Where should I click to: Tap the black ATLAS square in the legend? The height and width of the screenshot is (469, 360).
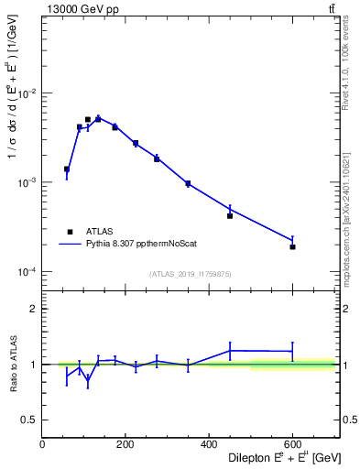69,232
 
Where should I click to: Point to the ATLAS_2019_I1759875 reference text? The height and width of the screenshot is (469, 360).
191,273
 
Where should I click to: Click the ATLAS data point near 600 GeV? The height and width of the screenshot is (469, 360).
292,246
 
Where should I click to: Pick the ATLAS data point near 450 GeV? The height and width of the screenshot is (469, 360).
230,215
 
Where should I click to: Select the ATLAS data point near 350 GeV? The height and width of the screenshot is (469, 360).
188,183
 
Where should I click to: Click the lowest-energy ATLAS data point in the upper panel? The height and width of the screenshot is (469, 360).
67,169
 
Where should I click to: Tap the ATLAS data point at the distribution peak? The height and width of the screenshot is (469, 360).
88,119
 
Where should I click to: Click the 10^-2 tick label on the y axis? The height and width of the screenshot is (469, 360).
27,94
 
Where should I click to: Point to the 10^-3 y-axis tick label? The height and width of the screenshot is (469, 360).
27,183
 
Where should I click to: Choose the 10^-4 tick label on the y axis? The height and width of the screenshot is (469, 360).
27,272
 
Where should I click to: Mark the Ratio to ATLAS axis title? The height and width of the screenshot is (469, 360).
12,364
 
